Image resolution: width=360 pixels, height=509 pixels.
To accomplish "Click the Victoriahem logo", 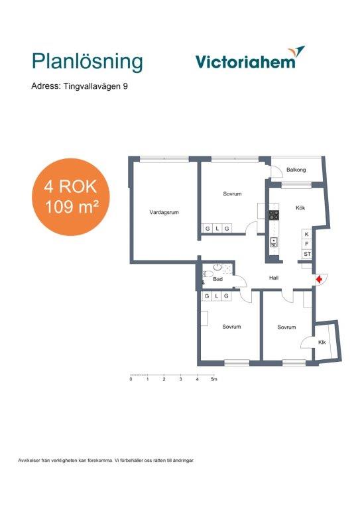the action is pos(251,58).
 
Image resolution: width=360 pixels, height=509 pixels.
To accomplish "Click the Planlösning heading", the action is pos(88,62).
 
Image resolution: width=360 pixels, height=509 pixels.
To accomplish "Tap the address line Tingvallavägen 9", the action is pos(80,86).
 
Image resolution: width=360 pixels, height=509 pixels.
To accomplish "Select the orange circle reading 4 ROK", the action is pos(71,197).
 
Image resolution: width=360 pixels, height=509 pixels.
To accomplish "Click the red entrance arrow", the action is pos(320,279).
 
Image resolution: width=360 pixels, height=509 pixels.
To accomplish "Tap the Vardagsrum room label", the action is pos(164,212).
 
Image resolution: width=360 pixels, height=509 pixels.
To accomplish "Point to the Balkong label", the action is pos(296,170).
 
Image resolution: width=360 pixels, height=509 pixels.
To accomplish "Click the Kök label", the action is pos(300,207).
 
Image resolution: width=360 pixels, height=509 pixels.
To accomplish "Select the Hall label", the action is pos(274,278).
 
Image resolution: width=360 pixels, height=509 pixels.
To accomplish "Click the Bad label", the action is pos(218,279).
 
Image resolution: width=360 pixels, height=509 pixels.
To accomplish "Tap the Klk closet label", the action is pos(322,343).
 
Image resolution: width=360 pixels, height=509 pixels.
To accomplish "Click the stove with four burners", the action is pos(274,215).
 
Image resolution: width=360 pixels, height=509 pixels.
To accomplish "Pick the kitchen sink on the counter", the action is pos(274,242).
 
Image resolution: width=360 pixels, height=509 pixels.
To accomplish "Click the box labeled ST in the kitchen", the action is pos(307,254).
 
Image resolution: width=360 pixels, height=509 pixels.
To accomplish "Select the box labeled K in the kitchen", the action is pos(307,234).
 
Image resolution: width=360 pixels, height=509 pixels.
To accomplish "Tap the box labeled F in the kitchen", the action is pos(307,244).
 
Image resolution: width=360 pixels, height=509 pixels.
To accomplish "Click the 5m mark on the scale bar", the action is pos(213,379).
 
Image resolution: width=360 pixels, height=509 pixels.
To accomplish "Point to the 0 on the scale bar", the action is pos(131,379).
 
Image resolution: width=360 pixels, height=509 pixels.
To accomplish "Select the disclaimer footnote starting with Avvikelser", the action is pos(106,461).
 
